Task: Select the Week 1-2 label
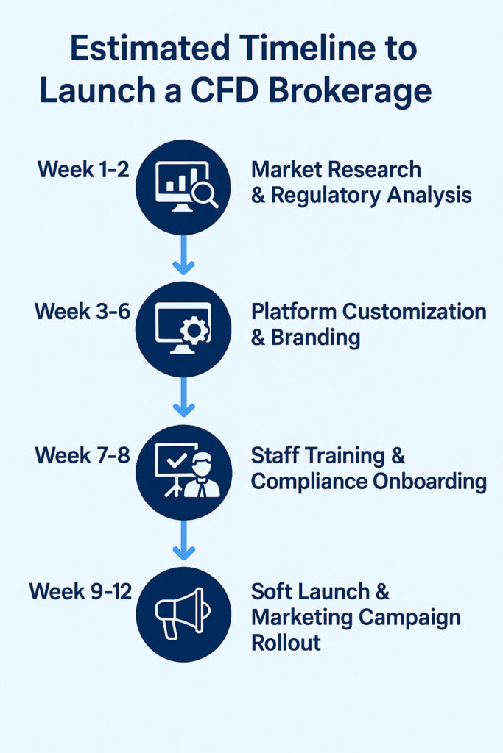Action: (x=83, y=170)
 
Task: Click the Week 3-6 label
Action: (x=82, y=312)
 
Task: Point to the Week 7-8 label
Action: (x=82, y=455)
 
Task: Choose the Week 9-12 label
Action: (x=80, y=591)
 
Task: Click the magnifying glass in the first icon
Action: (x=203, y=193)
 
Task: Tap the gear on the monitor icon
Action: (x=194, y=331)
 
